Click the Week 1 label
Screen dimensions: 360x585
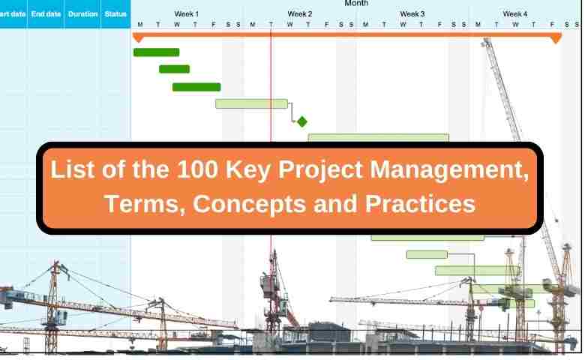coord(187,14)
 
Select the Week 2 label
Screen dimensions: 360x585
coord(299,14)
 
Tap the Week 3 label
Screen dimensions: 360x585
coord(412,14)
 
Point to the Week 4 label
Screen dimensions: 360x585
coord(514,14)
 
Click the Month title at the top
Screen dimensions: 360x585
coord(356,3)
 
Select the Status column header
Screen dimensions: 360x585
coord(115,14)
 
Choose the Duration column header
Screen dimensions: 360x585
coord(82,14)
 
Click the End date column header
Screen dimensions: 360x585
coord(46,14)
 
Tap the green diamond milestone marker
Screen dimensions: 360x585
coord(301,121)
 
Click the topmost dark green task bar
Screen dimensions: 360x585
coord(156,52)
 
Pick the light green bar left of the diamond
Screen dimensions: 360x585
coord(251,103)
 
